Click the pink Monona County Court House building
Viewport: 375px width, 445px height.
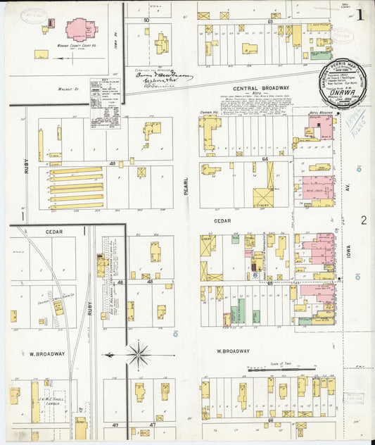pyautogui.click(x=82, y=29)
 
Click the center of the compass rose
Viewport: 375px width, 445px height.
pyautogui.click(x=139, y=354)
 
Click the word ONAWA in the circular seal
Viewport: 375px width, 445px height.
pyautogui.click(x=341, y=90)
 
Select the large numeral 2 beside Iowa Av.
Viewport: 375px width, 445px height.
pyautogui.click(x=363, y=220)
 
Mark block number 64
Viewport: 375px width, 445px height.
pyautogui.click(x=265, y=159)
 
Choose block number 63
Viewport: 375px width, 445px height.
pyautogui.click(x=270, y=22)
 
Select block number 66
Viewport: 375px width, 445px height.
pyautogui.click(x=271, y=420)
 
